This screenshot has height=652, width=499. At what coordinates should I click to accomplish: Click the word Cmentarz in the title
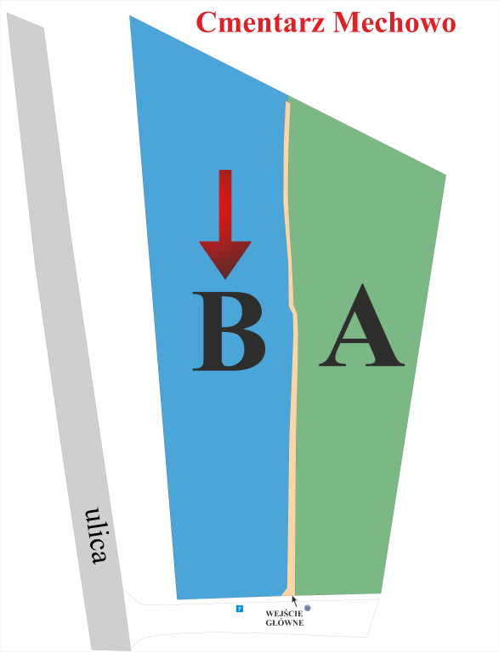[260, 22]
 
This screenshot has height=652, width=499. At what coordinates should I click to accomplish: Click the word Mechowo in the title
[394, 22]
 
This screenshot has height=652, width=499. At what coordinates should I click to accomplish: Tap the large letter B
[229, 331]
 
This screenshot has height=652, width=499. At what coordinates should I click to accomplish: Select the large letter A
[361, 326]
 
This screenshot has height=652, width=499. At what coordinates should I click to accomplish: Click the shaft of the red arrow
[225, 205]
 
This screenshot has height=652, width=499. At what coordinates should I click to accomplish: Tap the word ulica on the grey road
[96, 535]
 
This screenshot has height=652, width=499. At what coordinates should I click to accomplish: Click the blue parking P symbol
[240, 609]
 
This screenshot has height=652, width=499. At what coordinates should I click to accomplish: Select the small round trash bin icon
[308, 608]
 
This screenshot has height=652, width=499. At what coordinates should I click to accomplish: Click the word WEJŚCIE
[285, 614]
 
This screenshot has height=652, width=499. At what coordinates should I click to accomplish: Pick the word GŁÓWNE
[285, 623]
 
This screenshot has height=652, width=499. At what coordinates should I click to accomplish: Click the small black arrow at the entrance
[294, 601]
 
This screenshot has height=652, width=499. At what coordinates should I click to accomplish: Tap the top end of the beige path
[287, 102]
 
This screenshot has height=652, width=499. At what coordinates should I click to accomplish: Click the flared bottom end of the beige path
[288, 593]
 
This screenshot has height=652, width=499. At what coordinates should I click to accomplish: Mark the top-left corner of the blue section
[129, 16]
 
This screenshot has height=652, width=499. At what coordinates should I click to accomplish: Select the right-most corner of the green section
[445, 175]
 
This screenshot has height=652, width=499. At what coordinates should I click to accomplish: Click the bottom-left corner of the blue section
[178, 599]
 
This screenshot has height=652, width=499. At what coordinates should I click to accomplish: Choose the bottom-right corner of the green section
[381, 593]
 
